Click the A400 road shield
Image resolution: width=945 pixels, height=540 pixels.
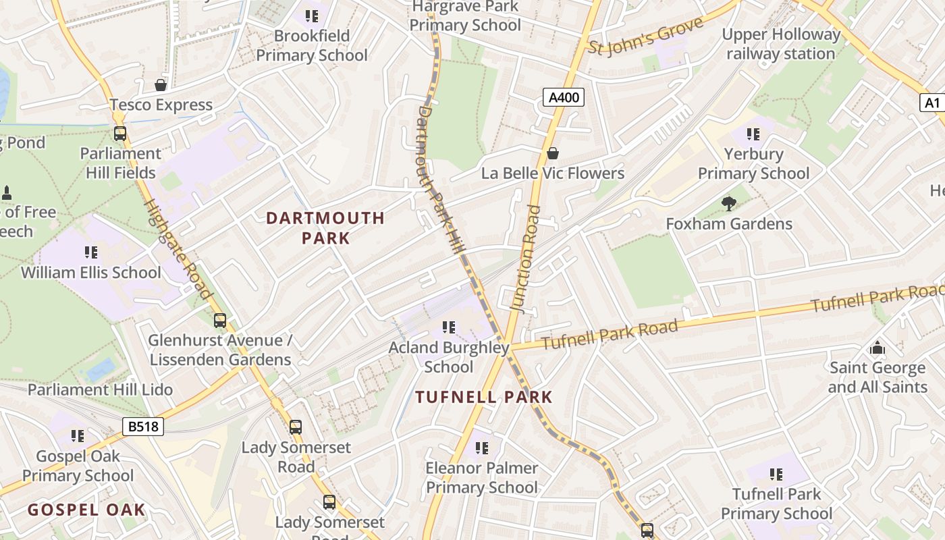coord(563,97)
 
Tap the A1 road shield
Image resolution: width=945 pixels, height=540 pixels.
coord(932,103)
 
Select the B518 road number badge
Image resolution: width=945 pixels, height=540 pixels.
coord(143,426)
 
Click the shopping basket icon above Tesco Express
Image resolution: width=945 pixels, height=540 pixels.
coord(161,85)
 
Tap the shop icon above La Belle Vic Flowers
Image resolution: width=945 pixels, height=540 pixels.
coord(552,153)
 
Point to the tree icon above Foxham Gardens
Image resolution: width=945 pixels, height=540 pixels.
coord(728,203)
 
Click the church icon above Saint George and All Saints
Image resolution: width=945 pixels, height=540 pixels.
coord(877,348)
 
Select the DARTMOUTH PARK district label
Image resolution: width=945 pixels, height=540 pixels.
coord(325,227)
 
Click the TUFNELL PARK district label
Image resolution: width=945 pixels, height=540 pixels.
coord(484,397)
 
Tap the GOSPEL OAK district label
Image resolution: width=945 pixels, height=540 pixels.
coord(86,509)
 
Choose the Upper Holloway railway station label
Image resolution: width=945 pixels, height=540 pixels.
coord(781,44)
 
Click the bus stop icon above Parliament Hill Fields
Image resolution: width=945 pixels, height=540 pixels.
coord(120,134)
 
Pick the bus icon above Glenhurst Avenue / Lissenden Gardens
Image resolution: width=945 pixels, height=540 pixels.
coord(220,321)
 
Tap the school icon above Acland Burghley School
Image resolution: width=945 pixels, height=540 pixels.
coord(448,327)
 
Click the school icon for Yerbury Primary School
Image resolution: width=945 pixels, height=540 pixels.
coord(753,134)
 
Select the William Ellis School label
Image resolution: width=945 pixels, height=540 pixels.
coord(91,273)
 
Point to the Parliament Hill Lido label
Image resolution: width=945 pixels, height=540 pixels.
coord(100,389)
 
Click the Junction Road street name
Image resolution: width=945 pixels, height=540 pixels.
coord(526,258)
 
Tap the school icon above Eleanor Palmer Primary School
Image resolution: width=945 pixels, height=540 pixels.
coord(481,448)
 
